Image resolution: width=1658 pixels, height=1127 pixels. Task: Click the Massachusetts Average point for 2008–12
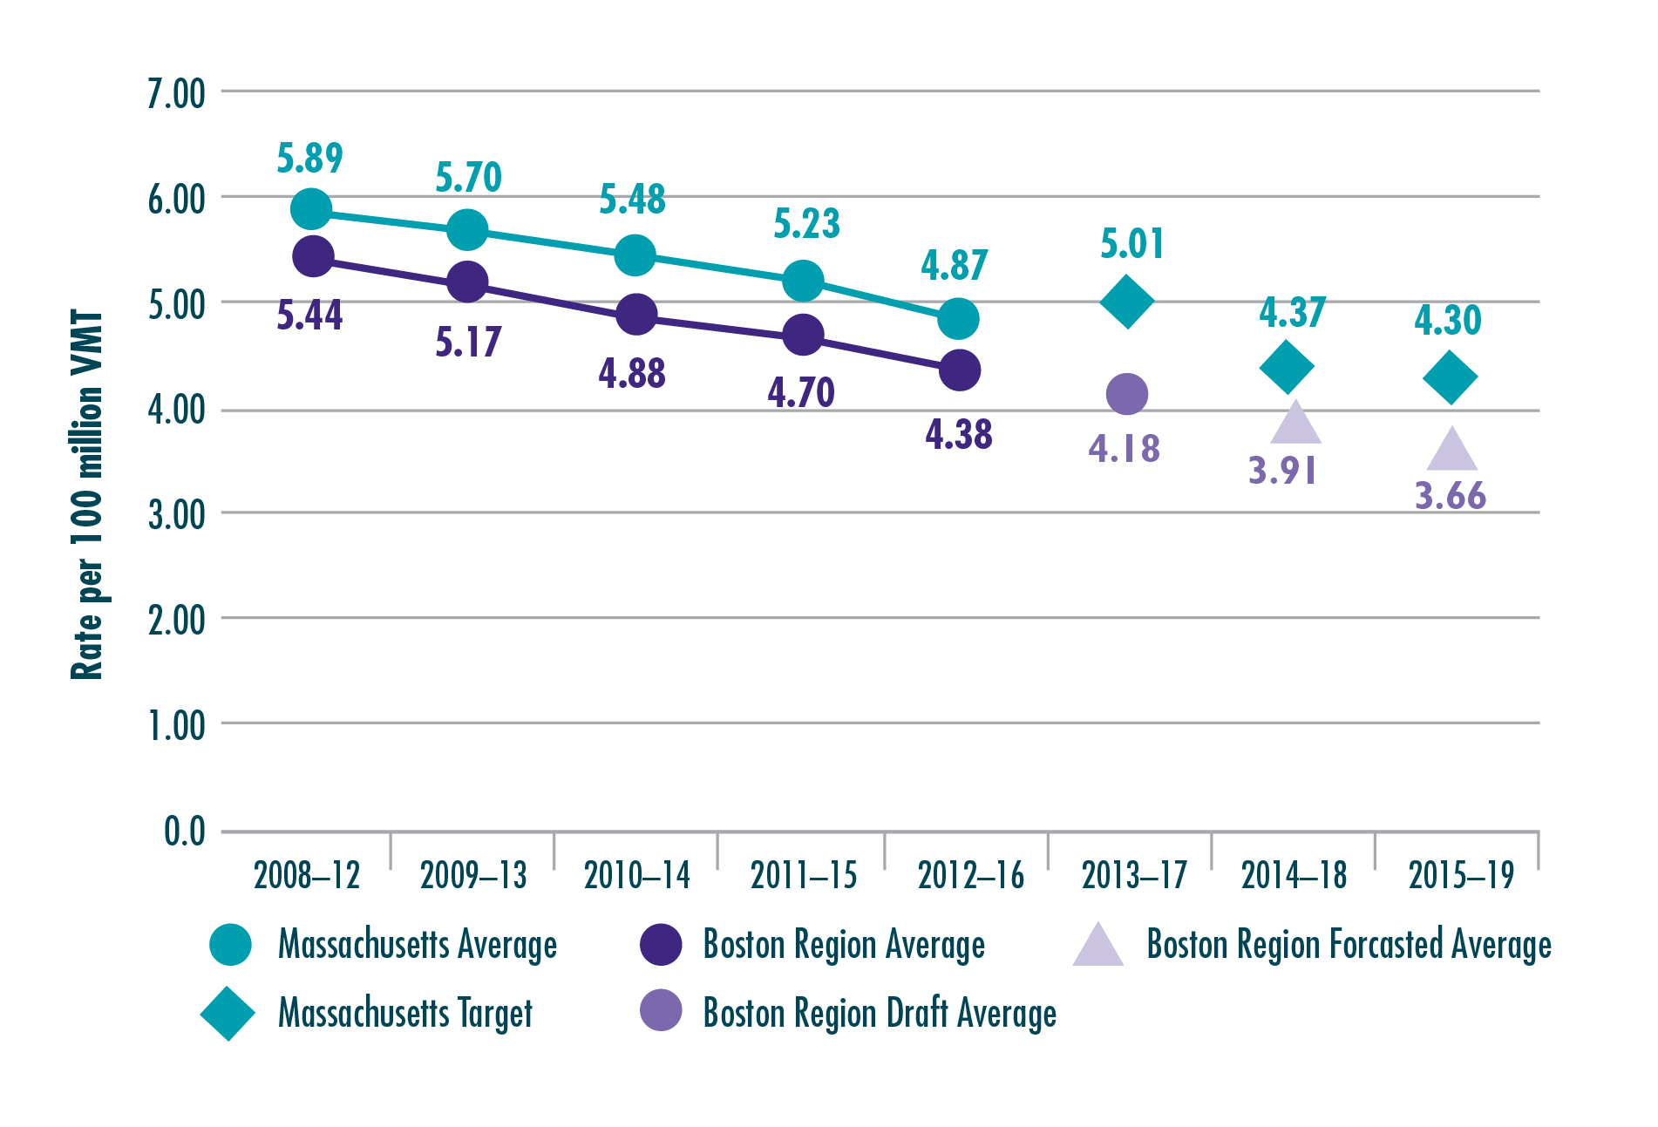310,208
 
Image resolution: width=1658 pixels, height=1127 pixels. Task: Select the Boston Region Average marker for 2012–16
959,370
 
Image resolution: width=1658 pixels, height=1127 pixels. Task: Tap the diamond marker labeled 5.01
1126,302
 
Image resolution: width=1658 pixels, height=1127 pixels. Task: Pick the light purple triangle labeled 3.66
1451,451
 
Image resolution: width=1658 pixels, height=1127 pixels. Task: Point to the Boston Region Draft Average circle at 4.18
1126,394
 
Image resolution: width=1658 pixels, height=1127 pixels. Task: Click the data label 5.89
309,159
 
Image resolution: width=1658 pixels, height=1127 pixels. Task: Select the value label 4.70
800,392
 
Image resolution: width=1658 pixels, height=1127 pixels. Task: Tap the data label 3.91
1281,471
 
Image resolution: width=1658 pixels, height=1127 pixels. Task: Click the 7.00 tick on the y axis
176,93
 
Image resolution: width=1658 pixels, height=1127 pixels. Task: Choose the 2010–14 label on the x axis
636,875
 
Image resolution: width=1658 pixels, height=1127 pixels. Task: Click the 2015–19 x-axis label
1461,875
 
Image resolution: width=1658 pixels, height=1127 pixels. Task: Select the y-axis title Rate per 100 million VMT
87,494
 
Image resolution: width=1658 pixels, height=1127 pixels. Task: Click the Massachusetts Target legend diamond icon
228,1014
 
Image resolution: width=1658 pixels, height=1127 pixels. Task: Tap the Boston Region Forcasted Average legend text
1348,944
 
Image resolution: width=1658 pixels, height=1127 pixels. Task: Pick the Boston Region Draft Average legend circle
661,1010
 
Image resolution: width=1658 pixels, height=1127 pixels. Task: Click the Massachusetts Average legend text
417,945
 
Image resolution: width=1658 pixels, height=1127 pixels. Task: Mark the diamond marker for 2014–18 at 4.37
1287,367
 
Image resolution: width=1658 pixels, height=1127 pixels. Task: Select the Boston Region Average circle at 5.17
467,282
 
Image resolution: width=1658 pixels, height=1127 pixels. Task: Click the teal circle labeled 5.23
803,280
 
